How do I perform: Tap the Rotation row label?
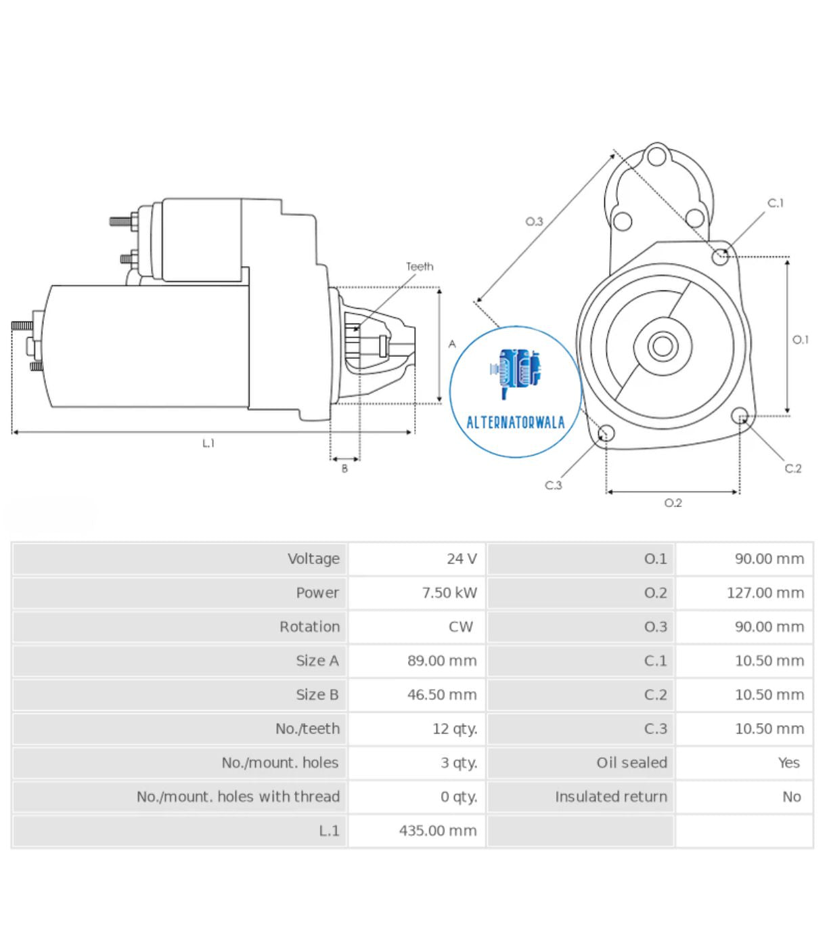click(309, 627)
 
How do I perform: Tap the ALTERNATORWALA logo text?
click(515, 423)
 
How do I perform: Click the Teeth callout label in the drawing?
click(420, 267)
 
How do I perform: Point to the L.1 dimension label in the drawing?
click(208, 443)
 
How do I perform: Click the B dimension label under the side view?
click(344, 468)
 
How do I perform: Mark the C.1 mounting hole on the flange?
click(720, 257)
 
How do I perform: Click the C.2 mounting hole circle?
click(740, 416)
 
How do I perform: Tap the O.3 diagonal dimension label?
click(534, 221)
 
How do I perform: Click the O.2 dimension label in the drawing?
click(673, 503)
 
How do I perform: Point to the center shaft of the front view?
click(663, 346)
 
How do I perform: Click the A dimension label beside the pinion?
click(452, 345)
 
